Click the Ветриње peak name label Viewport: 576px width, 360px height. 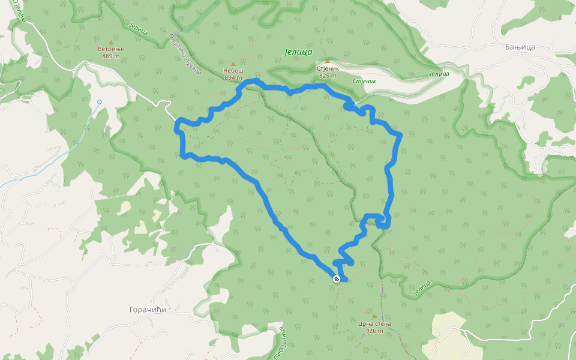110,49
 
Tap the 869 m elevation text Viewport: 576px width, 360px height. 110,56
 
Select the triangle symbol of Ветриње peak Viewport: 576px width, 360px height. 110,43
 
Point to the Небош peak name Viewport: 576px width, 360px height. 233,71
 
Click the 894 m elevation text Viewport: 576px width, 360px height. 233,77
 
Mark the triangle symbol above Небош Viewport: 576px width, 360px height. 233,64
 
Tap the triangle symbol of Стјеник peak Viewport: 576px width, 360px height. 328,61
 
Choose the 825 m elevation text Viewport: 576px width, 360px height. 328,76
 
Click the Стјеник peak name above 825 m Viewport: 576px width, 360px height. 328,68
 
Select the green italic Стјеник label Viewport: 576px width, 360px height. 364,80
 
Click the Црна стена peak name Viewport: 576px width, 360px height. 374,323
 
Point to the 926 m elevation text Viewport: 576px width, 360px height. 374,331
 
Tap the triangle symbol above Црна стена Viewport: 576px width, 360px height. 374,316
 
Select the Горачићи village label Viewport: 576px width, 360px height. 148,310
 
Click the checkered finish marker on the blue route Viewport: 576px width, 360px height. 337,278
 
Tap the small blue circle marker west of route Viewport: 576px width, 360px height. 100,102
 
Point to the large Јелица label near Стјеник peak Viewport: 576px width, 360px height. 298,52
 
